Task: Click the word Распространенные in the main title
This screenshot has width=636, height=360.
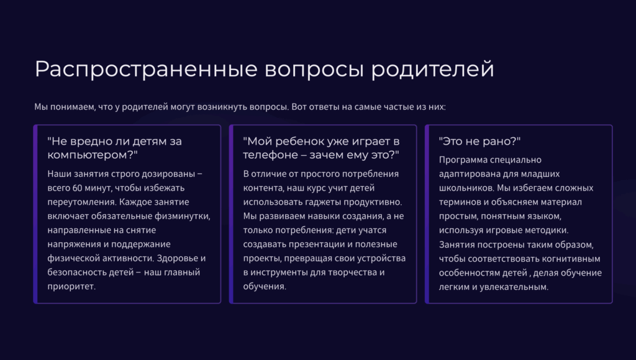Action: click(146, 70)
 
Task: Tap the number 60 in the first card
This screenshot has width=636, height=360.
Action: click(78, 188)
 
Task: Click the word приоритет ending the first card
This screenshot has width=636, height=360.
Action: click(71, 287)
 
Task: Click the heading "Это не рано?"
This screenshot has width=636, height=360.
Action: click(480, 141)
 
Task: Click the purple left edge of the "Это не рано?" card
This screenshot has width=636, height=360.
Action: click(427, 214)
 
